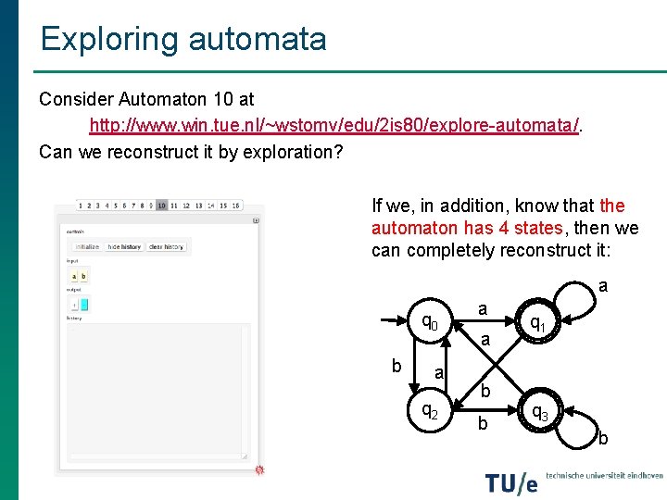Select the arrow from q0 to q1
(x=482, y=323)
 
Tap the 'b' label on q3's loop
(x=603, y=437)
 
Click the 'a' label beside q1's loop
(x=603, y=287)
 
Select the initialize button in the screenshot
(x=87, y=247)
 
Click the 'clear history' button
(x=167, y=247)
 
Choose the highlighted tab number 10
(x=161, y=206)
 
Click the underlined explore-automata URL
(x=334, y=124)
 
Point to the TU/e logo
(x=511, y=482)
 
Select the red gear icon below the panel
(x=259, y=471)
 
